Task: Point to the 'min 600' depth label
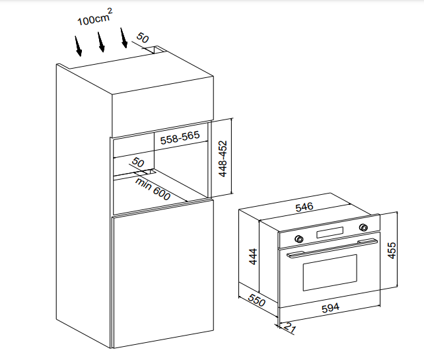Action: click(153, 189)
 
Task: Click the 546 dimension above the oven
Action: click(304, 207)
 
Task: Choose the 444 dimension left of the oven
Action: click(252, 256)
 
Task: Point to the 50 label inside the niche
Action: click(137, 162)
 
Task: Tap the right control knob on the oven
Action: click(363, 228)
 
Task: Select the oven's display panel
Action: click(331, 233)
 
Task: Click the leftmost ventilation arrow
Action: click(79, 45)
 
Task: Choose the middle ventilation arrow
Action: click(101, 42)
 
